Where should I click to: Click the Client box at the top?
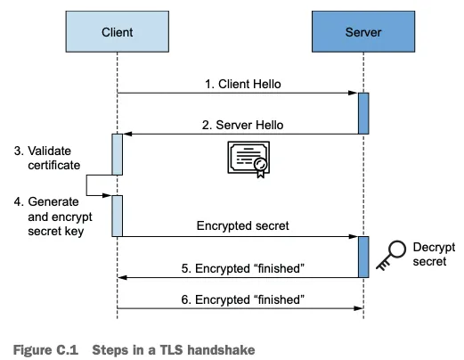118,31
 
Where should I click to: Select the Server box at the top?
363,31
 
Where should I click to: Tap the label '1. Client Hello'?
243,84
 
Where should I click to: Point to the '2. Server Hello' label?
242,125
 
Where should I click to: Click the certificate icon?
248,160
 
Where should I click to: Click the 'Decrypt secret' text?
434,254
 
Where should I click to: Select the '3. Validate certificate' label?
47,158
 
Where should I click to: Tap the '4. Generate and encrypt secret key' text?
53,217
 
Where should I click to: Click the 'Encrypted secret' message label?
242,225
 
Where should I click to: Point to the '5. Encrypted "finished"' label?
243,268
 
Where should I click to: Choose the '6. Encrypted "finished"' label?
243,299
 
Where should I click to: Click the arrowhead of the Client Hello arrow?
353,93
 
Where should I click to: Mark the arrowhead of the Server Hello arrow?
127,134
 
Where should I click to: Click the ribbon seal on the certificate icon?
260,168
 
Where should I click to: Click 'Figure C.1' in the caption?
45,350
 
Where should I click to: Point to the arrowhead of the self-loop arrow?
107,195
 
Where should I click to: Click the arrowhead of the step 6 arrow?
358,308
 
